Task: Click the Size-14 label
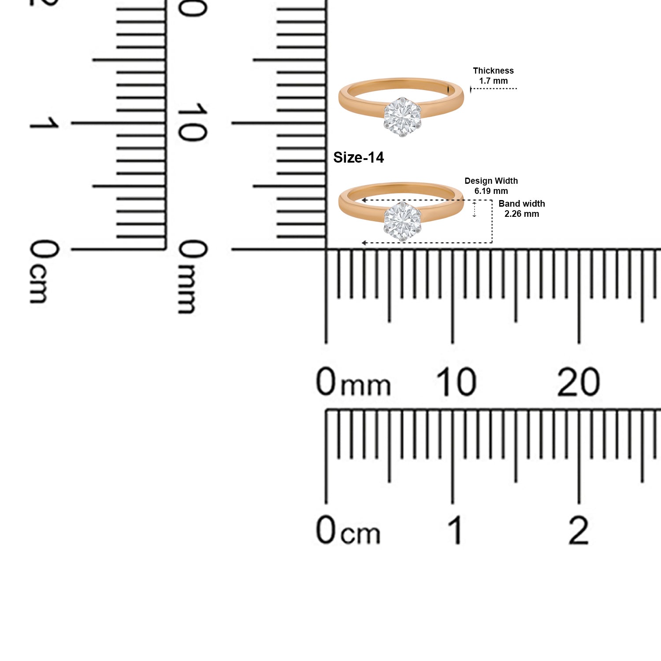pos(358,157)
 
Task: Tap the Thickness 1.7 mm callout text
pos(493,76)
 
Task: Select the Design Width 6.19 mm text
pos(491,186)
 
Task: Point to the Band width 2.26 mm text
pos(522,209)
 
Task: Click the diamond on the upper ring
pos(402,117)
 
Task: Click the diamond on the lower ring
pos(402,221)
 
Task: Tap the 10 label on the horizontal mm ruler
pos(456,382)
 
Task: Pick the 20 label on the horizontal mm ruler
pos(578,382)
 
